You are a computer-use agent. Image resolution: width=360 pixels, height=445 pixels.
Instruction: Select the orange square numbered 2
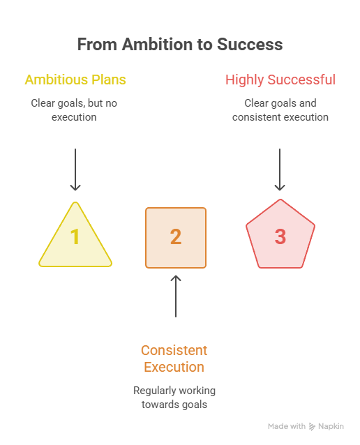[176, 238]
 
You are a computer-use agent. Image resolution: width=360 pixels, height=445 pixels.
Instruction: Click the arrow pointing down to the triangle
[75, 169]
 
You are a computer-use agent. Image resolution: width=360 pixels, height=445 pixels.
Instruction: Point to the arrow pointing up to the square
[176, 296]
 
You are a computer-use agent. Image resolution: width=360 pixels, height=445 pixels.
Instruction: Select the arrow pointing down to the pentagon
[280, 169]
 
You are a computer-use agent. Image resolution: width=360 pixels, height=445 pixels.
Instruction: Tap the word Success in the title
[250, 45]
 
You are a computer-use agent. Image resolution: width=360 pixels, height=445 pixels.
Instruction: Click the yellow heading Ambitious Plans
[75, 80]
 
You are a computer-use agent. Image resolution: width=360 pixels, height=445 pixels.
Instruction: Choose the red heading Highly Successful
[280, 80]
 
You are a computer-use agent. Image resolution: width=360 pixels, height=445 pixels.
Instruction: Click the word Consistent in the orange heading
[174, 351]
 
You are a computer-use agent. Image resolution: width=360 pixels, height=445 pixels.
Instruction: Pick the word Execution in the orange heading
[174, 368]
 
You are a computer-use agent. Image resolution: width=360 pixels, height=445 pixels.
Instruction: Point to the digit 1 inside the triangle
[75, 236]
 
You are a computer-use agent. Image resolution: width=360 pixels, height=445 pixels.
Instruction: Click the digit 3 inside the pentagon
[280, 236]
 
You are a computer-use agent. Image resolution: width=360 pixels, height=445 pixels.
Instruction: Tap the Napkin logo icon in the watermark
[312, 427]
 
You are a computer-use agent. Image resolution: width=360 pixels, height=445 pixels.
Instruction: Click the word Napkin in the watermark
[331, 427]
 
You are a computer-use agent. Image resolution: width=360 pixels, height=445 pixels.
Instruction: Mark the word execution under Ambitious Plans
[74, 117]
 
